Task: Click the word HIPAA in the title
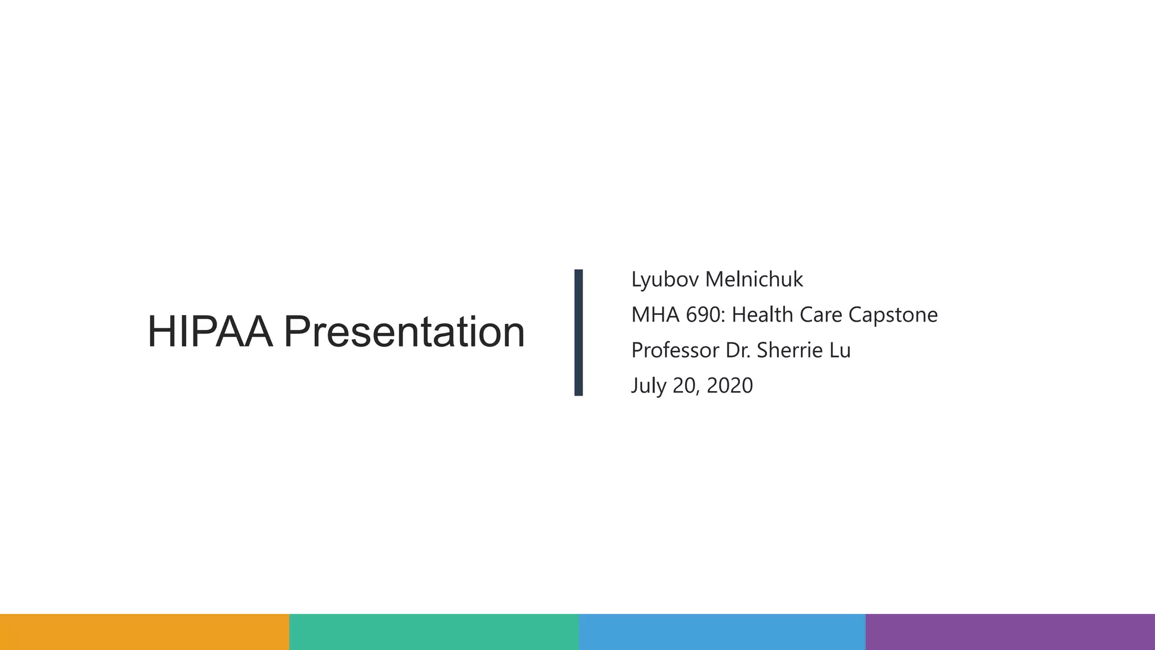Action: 210,332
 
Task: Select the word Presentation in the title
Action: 404,332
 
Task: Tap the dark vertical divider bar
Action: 578,332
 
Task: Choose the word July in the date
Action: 649,386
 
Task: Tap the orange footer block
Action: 144,631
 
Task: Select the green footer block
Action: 434,631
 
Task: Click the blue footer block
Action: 722,631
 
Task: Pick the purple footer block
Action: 1010,631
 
